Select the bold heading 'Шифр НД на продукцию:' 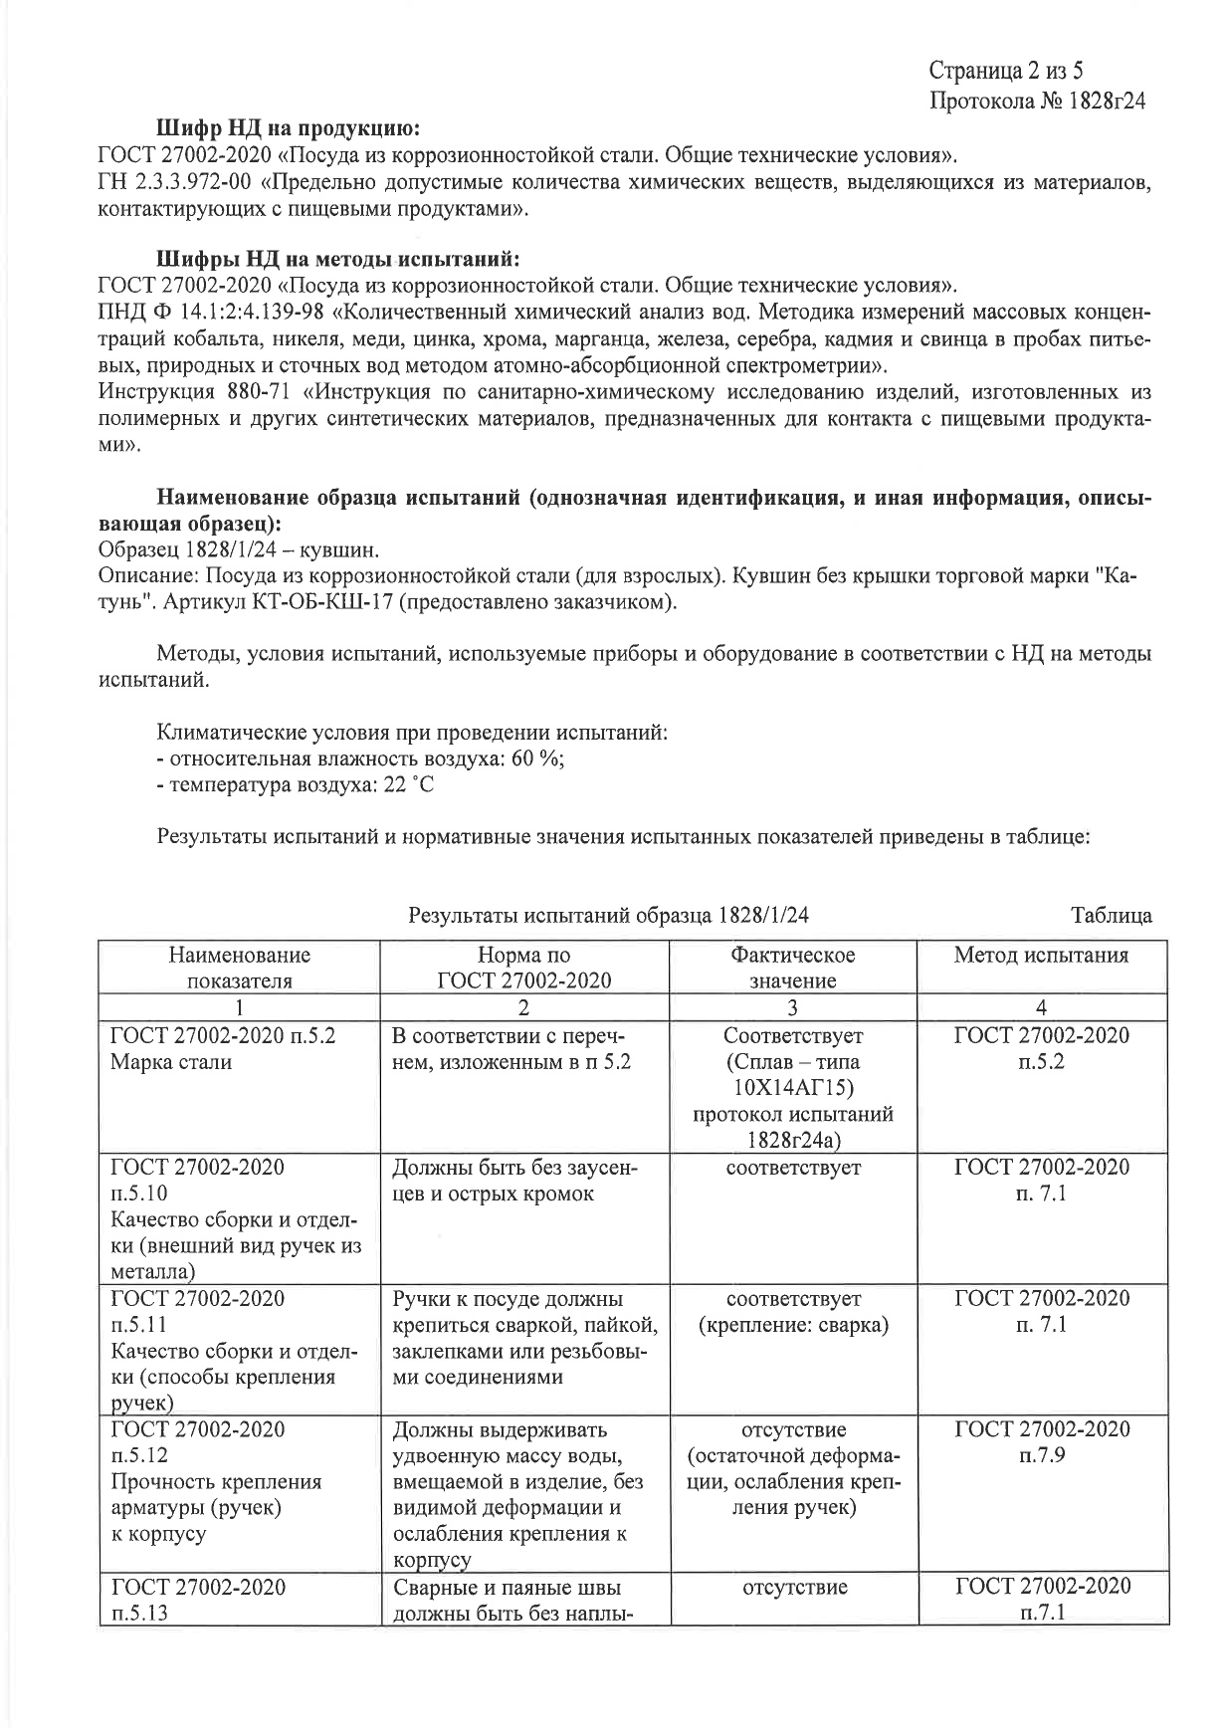pos(289,129)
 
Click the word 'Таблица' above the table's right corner pos(1111,915)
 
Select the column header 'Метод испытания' pos(1041,956)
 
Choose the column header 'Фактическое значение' pos(792,968)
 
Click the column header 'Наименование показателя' pos(240,968)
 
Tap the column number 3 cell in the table pos(792,1007)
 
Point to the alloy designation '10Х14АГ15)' pos(792,1087)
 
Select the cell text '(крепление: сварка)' pos(792,1325)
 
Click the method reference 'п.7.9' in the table pos(1041,1455)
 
